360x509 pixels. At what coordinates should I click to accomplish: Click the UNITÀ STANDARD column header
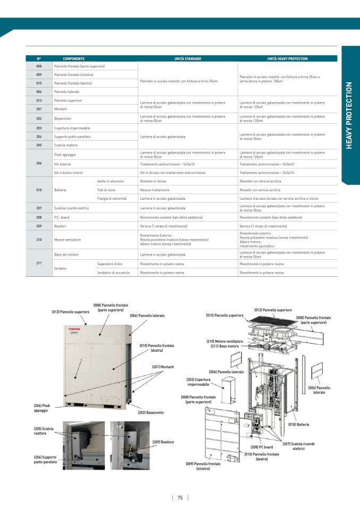click(x=188, y=58)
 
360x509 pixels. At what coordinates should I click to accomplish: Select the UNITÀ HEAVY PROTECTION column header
click(x=287, y=58)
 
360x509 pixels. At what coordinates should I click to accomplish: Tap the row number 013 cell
click(x=39, y=100)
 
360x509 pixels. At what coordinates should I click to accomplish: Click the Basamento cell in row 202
click(x=62, y=118)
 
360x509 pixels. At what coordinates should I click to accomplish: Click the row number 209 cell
click(x=39, y=226)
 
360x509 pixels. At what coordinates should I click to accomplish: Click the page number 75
click(x=180, y=498)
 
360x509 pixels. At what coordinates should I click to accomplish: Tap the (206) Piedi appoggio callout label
click(x=42, y=408)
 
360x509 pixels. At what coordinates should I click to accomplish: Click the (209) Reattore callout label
click(x=163, y=442)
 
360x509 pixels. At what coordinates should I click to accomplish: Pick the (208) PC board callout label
click(x=262, y=447)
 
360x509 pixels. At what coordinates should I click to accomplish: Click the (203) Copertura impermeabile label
click(x=198, y=382)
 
